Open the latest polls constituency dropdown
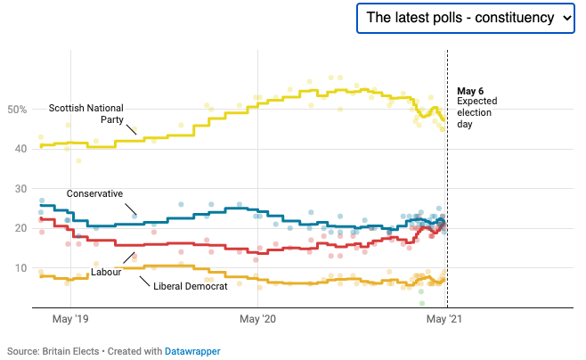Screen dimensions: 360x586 [466, 18]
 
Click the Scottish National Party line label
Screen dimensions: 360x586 [86, 113]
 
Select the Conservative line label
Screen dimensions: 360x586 [94, 193]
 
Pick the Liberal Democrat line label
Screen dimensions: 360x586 [191, 286]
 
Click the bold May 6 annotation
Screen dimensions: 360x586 [470, 91]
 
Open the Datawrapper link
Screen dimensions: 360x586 [192, 351]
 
